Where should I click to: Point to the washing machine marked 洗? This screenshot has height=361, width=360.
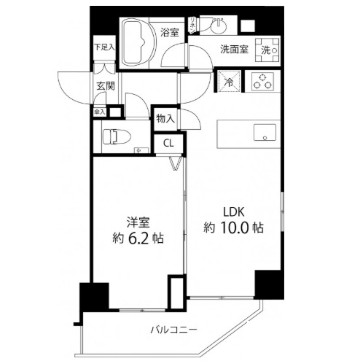click(268, 50)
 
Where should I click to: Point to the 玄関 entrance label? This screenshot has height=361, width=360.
click(103, 86)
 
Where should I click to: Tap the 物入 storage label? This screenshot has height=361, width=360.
click(165, 118)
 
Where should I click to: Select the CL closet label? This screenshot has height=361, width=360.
click(168, 143)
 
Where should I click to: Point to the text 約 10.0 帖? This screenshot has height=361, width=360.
click(233, 227)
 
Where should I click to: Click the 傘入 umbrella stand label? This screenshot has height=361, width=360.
click(98, 112)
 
